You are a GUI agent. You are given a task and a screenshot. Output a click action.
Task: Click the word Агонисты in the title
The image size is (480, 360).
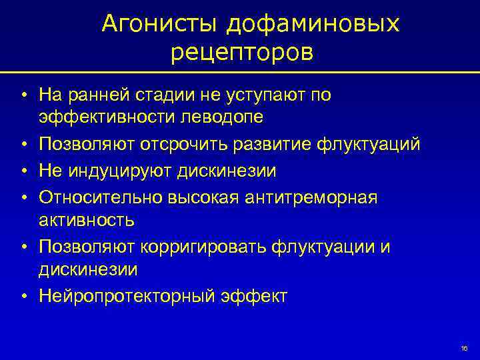[x=159, y=24]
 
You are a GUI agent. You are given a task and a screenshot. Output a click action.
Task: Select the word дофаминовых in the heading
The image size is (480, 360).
[x=313, y=24]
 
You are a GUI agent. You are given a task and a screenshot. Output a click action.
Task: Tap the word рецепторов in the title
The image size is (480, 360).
[x=241, y=51]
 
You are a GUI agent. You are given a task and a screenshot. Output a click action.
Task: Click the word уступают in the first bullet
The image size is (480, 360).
[x=267, y=95]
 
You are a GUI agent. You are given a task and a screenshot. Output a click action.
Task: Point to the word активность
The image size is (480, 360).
[x=86, y=219]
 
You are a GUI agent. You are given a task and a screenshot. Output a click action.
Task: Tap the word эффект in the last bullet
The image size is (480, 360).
[x=253, y=295]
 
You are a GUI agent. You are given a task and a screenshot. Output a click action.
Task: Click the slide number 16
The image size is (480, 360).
[x=464, y=349]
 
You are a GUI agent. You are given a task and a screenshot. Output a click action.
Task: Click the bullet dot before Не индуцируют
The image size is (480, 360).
[x=23, y=171]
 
